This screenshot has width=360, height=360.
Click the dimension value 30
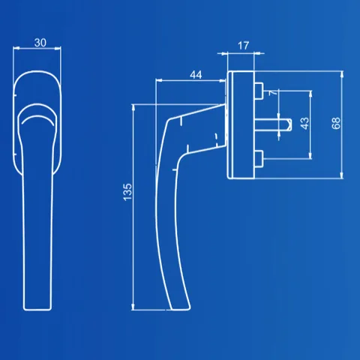(40, 43)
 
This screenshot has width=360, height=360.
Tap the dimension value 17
(243, 46)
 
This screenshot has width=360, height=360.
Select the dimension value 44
(196, 75)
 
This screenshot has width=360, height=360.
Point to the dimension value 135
(127, 192)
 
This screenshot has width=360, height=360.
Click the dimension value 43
(304, 123)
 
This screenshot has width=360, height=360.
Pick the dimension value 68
(336, 123)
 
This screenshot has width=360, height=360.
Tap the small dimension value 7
(273, 93)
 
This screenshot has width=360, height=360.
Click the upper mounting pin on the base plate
(259, 91)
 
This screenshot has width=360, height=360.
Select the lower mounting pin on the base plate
(259, 159)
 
